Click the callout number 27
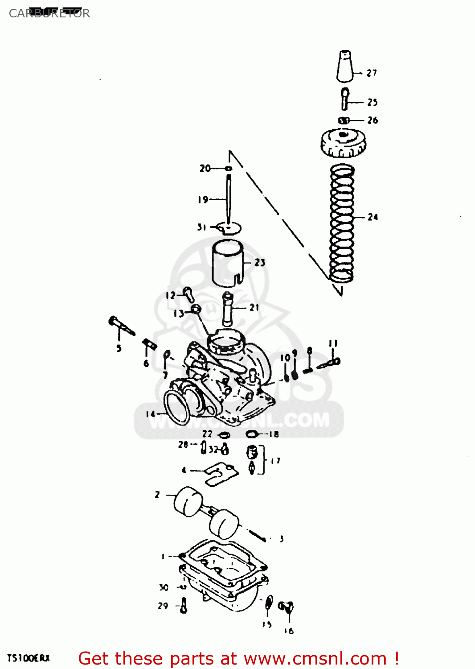click(372, 73)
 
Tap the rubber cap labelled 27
click(344, 67)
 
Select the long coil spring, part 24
click(342, 223)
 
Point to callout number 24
click(373, 217)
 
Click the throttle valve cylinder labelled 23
click(227, 263)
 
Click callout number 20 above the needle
click(205, 168)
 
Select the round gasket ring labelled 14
click(177, 407)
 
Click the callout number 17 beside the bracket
click(276, 461)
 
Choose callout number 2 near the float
click(157, 495)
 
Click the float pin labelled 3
click(258, 535)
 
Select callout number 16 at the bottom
click(289, 631)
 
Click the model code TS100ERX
click(29, 658)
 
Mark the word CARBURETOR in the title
click(49, 13)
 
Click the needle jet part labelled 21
click(228, 309)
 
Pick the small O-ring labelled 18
click(252, 434)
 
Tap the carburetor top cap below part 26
click(343, 143)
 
